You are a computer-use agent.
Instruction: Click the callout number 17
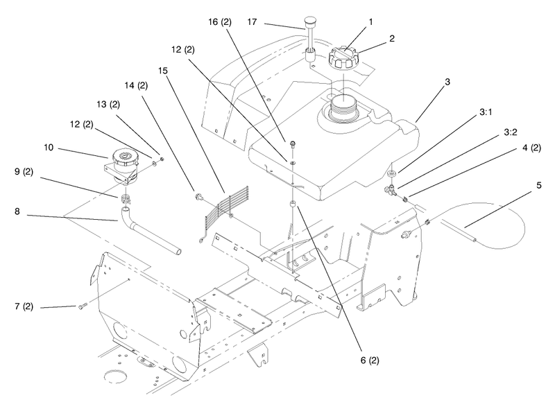[x=252, y=22]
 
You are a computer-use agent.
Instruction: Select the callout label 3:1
[x=486, y=112]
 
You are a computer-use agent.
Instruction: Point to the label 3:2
[x=511, y=132]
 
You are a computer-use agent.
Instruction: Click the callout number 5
[x=539, y=185]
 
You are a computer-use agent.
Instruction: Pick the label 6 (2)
[x=370, y=360]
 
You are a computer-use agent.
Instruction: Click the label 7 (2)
[x=24, y=306]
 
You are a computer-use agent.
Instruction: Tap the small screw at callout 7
[x=82, y=306]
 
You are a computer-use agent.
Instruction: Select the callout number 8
[x=17, y=211]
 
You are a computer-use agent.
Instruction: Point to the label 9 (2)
[x=24, y=171]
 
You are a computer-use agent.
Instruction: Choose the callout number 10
[x=49, y=147]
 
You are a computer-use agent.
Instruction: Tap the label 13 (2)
[x=108, y=104]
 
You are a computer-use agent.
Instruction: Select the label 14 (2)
[x=136, y=85]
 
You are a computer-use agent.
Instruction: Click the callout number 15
[x=163, y=71]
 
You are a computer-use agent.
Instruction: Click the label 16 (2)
[x=220, y=22]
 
